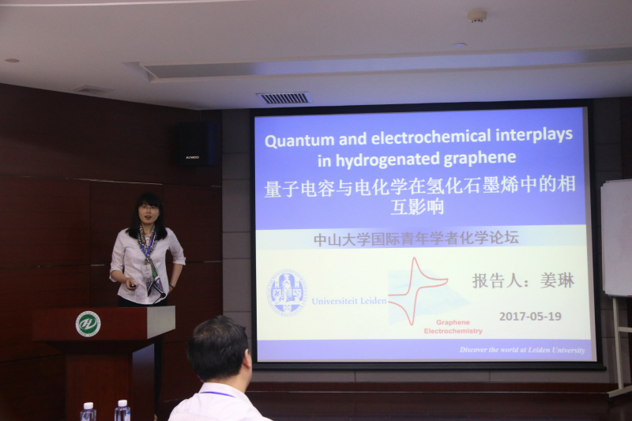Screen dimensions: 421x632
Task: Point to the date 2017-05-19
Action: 530,316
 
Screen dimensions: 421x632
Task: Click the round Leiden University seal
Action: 287,293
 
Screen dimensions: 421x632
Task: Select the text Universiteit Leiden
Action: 348,301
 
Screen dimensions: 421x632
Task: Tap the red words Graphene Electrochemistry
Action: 453,327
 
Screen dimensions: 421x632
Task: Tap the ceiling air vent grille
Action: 283,98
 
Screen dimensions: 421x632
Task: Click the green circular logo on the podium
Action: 88,323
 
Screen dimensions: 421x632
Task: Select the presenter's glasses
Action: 149,208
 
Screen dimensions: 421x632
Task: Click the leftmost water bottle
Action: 88,412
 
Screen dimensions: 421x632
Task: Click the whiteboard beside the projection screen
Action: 616,237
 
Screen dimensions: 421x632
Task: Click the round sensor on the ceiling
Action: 476,15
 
